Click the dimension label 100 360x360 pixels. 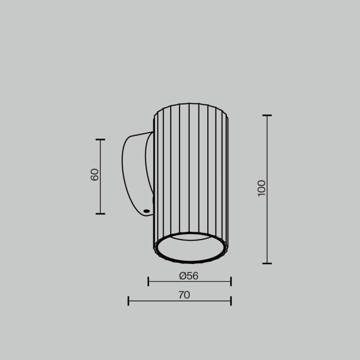pyautogui.click(x=262, y=188)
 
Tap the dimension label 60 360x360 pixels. pyautogui.click(x=94, y=175)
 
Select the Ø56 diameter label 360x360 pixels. pyautogui.click(x=189, y=276)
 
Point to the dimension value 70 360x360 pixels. pyautogui.click(x=184, y=295)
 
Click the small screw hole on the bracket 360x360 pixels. pyautogui.click(x=147, y=210)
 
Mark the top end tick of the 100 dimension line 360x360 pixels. pyautogui.click(x=267, y=116)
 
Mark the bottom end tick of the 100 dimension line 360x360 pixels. pyautogui.click(x=267, y=263)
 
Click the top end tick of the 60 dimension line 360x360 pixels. pyautogui.click(x=100, y=139)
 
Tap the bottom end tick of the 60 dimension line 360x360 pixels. pyautogui.click(x=100, y=213)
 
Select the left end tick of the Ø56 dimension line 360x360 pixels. pyautogui.click(x=148, y=281)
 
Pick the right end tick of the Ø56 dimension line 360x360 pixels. pyautogui.click(x=231, y=281)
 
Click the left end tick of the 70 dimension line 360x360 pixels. pyautogui.click(x=128, y=301)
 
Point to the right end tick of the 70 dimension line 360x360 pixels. pyautogui.click(x=231, y=301)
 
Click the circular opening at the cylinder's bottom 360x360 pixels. pyautogui.click(x=191, y=249)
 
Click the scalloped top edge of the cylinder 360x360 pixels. pyautogui.click(x=191, y=106)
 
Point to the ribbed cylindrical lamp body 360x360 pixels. pyautogui.click(x=191, y=170)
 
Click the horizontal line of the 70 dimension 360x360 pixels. pyautogui.click(x=154, y=301)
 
